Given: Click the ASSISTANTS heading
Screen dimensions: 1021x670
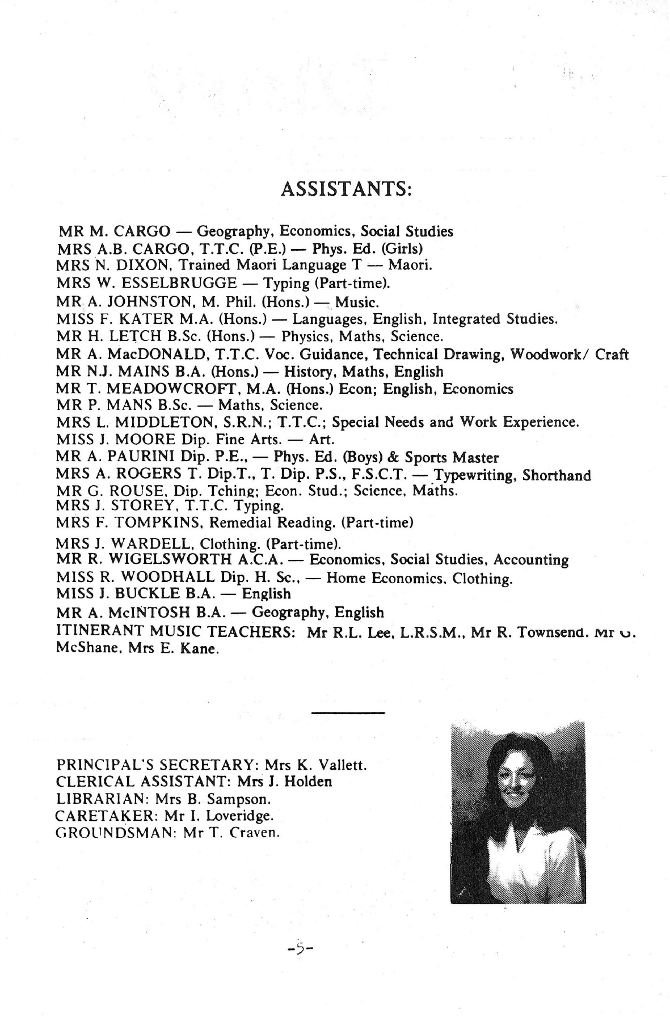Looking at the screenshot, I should click(346, 189).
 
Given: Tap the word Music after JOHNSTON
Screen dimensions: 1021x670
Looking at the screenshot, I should click(356, 302).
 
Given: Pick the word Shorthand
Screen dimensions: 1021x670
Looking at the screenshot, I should click(556, 475).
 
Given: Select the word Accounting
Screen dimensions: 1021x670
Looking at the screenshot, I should click(530, 560).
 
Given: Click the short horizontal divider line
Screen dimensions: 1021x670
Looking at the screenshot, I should click(348, 712).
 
